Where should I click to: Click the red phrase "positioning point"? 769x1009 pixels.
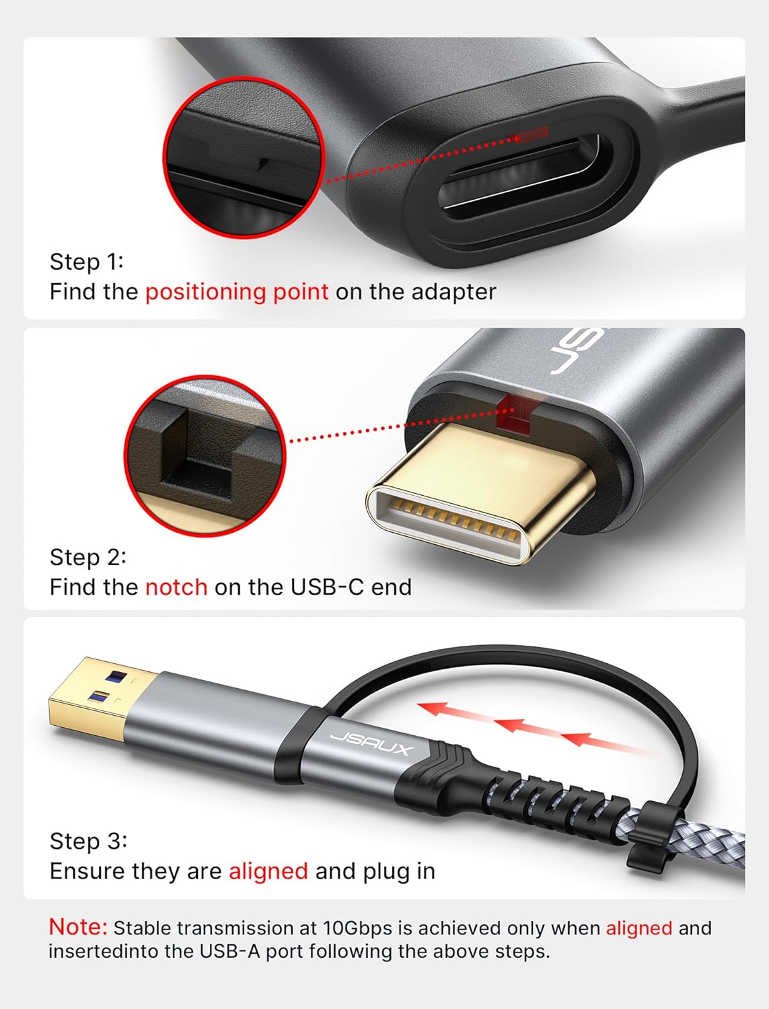[x=237, y=292]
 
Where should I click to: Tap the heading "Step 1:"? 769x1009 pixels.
[x=87, y=262]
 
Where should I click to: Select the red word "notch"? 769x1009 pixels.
[x=176, y=587]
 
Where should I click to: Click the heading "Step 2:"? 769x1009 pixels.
[x=88, y=557]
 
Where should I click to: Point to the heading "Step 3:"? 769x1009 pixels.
[x=88, y=841]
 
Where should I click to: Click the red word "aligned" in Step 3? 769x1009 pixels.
[x=268, y=871]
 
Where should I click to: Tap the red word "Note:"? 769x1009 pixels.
[x=78, y=927]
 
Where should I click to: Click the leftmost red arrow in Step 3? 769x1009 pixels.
[x=441, y=710]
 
